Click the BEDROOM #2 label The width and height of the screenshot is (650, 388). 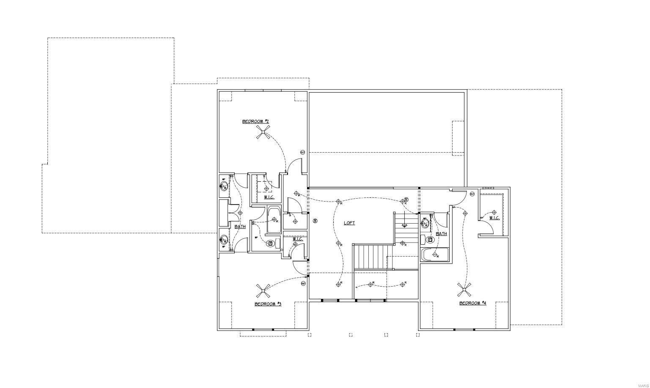pos(255,122)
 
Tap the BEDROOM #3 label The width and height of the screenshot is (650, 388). pos(268,304)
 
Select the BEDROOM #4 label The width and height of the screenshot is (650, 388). pos(472,303)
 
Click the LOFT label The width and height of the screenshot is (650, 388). pos(349,223)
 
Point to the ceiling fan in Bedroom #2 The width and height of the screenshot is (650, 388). pos(263,133)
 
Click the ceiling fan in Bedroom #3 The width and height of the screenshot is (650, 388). pos(263,291)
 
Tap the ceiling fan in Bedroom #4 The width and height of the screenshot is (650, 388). pos(464,290)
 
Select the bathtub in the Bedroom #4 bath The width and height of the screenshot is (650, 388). pos(435,255)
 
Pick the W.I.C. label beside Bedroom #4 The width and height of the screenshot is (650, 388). pos(494,218)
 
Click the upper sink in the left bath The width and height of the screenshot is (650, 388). pos(223,185)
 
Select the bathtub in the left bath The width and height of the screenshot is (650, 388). pos(274,220)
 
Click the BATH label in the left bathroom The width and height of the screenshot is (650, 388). pos(240,227)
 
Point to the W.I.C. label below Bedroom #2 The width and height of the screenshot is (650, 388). pos(269,197)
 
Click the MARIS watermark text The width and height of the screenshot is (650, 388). pos(642,384)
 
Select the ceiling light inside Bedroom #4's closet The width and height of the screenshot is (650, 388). pos(494,212)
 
